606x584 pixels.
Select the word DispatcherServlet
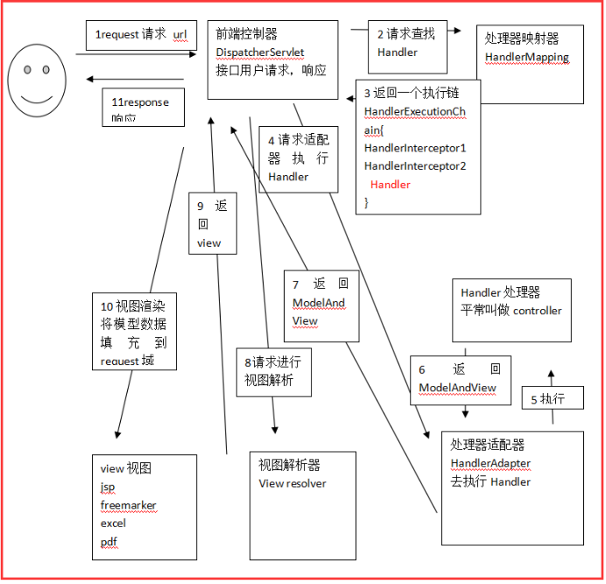tap(259, 53)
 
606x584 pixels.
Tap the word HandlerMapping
tap(527, 58)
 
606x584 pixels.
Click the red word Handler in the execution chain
tap(391, 185)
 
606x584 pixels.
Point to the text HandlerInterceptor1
tap(415, 148)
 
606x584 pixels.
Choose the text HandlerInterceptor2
tap(415, 165)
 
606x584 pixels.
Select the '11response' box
tap(143, 106)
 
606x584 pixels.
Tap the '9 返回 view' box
tap(213, 223)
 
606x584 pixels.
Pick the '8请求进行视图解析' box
tap(273, 371)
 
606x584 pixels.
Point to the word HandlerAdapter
tap(490, 463)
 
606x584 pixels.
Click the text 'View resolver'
tap(292, 483)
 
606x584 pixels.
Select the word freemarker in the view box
tap(128, 505)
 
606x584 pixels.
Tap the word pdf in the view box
tap(109, 542)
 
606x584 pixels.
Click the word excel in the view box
tap(113, 523)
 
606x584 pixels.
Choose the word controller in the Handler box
tap(537, 310)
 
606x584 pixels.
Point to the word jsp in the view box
tap(108, 487)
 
